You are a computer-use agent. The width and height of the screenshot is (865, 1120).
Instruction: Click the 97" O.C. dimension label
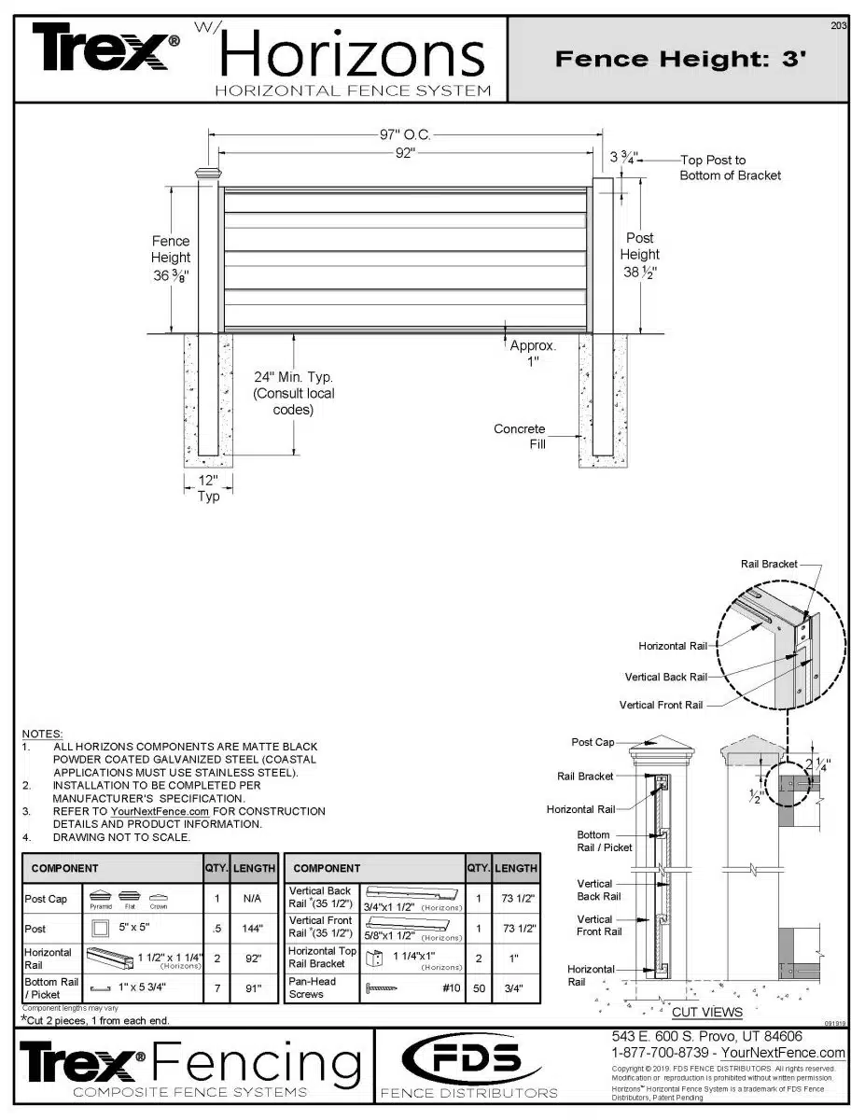404,135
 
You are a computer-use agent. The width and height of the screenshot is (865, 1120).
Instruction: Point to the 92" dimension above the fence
404,154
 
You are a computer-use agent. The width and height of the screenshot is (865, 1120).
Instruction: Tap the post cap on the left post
207,173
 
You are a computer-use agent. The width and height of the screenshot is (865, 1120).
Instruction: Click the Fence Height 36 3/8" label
171,258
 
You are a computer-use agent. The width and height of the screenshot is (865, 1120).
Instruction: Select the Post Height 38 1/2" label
640,255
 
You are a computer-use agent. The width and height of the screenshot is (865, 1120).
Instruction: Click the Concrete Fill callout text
520,437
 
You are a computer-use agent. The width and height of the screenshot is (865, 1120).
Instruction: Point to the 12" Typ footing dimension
208,488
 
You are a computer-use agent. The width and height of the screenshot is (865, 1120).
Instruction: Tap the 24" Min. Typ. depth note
293,393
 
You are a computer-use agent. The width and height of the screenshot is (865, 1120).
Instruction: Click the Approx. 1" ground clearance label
533,353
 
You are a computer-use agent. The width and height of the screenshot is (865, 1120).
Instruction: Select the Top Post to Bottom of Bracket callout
730,168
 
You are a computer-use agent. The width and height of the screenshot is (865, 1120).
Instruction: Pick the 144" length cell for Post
254,929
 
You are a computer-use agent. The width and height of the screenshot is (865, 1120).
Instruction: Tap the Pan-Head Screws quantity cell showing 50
479,987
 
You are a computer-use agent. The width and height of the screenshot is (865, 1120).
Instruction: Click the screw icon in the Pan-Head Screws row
382,988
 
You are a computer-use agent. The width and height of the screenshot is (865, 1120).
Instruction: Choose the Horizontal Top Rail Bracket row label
322,957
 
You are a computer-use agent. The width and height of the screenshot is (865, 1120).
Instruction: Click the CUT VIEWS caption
707,1012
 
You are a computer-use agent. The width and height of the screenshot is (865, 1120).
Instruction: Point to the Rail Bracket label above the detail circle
769,564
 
